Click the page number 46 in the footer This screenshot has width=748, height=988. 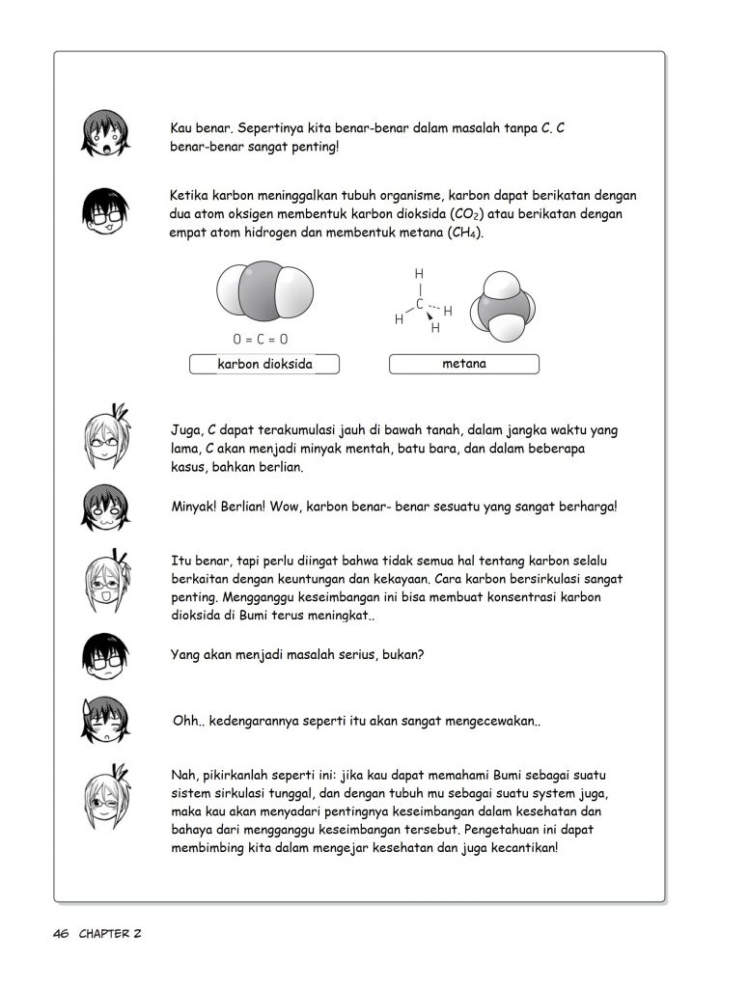(x=62, y=934)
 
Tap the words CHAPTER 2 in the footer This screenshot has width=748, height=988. (x=112, y=934)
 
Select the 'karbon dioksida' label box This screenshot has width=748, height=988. (x=265, y=365)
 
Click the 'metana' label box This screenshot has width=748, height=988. (x=464, y=364)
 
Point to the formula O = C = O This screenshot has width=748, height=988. (x=260, y=340)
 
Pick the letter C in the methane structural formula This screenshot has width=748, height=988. (x=419, y=303)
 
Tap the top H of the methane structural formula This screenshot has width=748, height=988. (x=419, y=274)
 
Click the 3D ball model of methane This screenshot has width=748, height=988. (x=503, y=305)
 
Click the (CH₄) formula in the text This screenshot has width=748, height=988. (x=465, y=233)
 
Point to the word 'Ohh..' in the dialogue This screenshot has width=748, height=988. (x=184, y=722)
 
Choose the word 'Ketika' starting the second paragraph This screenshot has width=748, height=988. (x=189, y=195)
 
